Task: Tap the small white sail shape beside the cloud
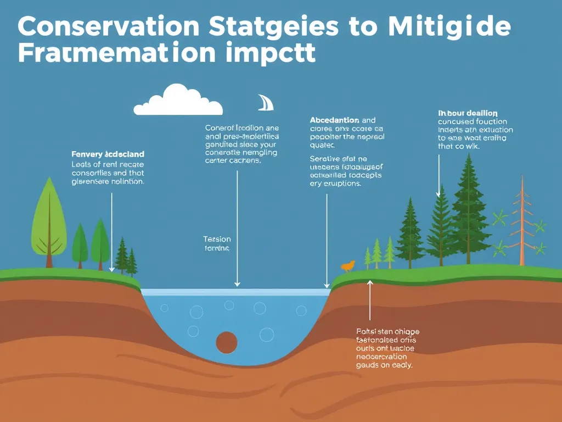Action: tap(265, 103)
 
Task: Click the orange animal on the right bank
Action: tap(347, 266)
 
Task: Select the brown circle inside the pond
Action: tap(227, 342)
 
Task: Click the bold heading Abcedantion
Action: tap(334, 120)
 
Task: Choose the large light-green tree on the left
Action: tap(48, 220)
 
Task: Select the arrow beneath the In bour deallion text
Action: tap(439, 176)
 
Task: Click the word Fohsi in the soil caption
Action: tap(366, 331)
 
